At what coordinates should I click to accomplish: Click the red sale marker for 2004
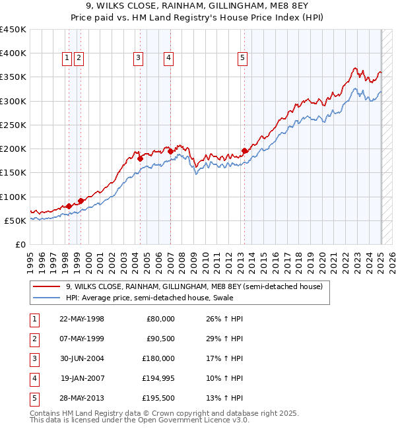click(140, 158)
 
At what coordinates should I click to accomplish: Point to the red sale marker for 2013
click(245, 150)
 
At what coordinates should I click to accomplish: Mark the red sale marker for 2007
click(170, 151)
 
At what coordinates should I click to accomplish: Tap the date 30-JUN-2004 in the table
click(82, 358)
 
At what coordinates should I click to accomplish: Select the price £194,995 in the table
click(158, 378)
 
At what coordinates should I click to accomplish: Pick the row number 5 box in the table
click(33, 398)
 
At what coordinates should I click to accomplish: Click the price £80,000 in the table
click(161, 319)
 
